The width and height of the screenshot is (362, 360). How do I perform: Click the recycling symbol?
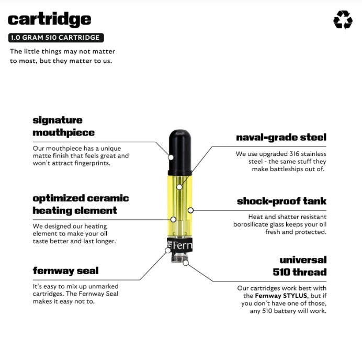[x=343, y=20]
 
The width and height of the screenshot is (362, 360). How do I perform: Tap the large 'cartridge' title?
[x=49, y=20]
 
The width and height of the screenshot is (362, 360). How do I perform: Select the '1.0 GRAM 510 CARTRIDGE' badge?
[x=56, y=38]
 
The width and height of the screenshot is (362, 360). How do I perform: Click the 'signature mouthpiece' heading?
[x=63, y=126]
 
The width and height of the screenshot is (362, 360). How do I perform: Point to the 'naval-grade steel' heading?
[x=281, y=138]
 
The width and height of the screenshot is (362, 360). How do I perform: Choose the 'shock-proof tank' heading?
[x=281, y=201]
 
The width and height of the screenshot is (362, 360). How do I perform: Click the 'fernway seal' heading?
[x=65, y=271]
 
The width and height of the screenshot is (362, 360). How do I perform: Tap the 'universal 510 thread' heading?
[x=300, y=266]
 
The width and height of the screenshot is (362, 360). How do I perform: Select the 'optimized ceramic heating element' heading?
[x=81, y=205]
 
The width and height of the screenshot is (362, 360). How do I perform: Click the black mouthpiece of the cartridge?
[x=180, y=152]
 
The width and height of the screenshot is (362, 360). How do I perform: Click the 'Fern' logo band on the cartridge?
[x=179, y=245]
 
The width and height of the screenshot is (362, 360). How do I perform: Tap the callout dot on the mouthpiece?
[x=171, y=157]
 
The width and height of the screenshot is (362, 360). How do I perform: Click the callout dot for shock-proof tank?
[x=190, y=210]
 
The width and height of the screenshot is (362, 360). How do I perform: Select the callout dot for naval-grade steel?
[x=179, y=187]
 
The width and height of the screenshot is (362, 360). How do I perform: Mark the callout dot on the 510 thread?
[x=186, y=263]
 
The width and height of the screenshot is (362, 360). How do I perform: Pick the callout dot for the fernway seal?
[x=168, y=250]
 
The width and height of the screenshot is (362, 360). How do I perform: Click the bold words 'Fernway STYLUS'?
[x=281, y=296]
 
